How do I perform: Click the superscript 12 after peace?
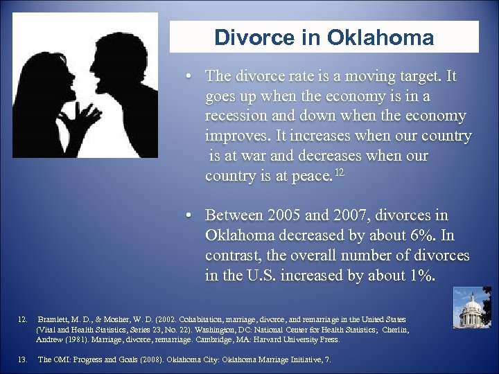pyautogui.click(x=339, y=171)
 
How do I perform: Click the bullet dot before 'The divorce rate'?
pyautogui.click(x=188, y=75)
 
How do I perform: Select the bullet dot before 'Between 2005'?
pyautogui.click(x=188, y=215)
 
